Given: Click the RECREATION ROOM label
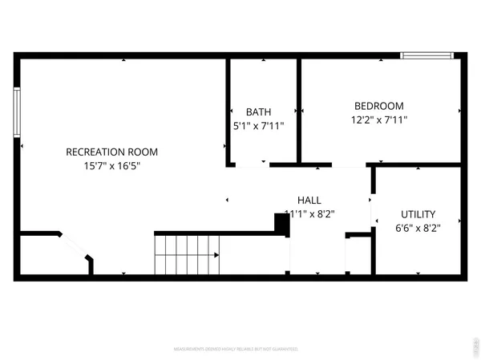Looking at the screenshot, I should coord(111,152).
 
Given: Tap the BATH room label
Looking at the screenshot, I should coord(258,112).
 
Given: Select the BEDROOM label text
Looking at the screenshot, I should coord(379,106).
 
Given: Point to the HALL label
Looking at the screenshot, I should coord(310,200).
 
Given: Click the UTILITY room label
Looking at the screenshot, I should coord(418,214).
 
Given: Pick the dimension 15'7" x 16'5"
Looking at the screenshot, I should coord(111,166).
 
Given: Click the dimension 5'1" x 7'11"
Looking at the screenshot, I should coord(258,126).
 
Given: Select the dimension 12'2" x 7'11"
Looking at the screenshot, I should coord(379,120).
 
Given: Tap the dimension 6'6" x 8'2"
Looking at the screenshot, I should coord(418,228).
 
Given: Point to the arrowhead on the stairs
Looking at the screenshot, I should coord(216,255).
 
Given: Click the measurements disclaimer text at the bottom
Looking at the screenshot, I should coord(236,350).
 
